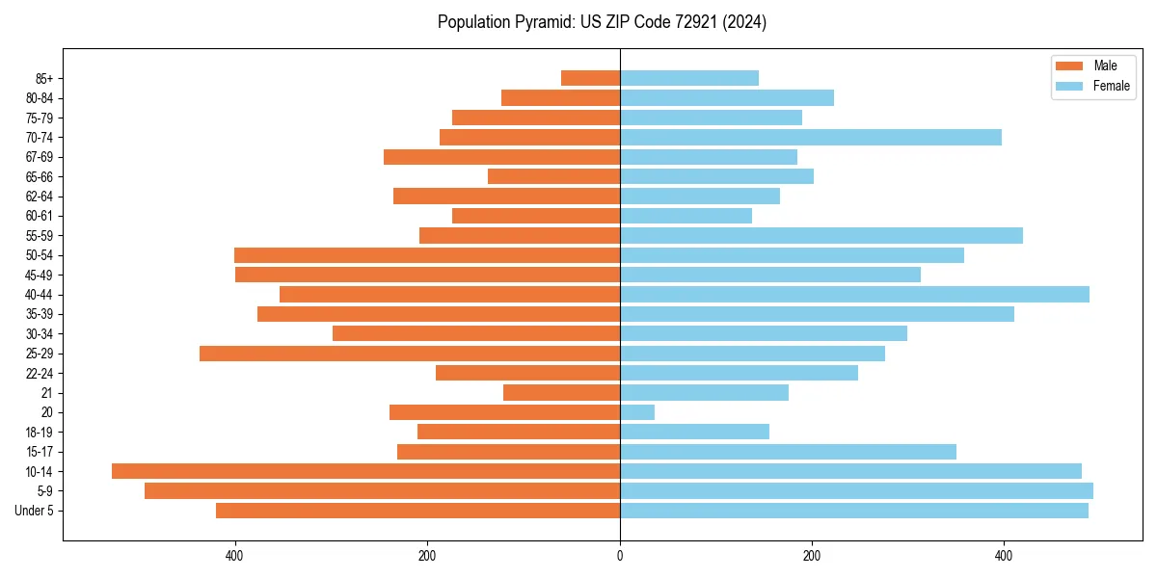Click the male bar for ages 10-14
point(365,471)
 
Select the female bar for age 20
point(637,412)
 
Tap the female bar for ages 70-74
point(810,138)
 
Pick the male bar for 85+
point(590,78)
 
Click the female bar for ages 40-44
point(854,295)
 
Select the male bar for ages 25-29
point(410,354)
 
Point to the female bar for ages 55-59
point(821,236)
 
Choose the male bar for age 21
point(561,393)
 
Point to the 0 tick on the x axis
point(620,556)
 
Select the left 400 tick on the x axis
point(234,556)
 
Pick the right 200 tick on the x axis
point(812,556)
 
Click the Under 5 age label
point(34,511)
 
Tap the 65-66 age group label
point(40,177)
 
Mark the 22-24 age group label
point(40,374)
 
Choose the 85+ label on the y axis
point(43,79)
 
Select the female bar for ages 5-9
point(856,491)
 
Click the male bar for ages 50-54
point(427,255)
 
